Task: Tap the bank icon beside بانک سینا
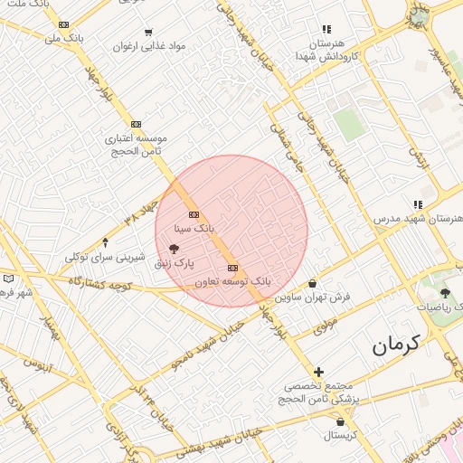pyautogui.click(x=194, y=214)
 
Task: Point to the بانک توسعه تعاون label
pyautogui.click(x=232, y=282)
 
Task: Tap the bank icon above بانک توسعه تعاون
pyautogui.click(x=233, y=268)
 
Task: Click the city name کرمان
pyautogui.click(x=396, y=345)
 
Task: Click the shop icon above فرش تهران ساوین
pyautogui.click(x=312, y=283)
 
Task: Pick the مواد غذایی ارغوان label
pyautogui.click(x=150, y=44)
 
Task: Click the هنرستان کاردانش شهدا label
pyautogui.click(x=326, y=50)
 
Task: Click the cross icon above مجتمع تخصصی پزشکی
pyautogui.click(x=318, y=371)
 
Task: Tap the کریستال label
pyautogui.click(x=341, y=436)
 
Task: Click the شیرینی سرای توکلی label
pyautogui.click(x=105, y=257)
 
